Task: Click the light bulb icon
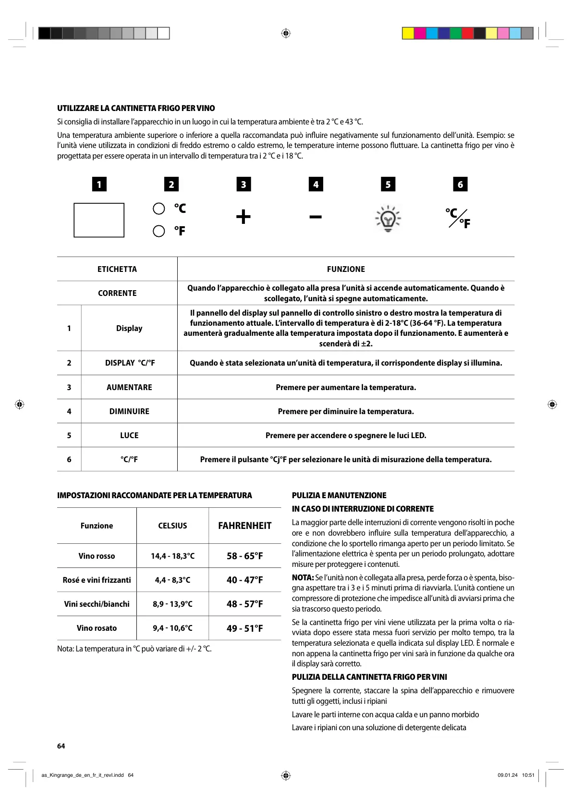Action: (x=388, y=219)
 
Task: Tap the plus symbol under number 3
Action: (x=243, y=217)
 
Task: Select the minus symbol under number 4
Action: (x=316, y=217)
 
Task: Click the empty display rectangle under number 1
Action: (x=99, y=220)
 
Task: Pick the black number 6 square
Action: (x=460, y=184)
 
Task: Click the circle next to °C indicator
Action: (x=159, y=208)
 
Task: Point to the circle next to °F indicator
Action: (x=159, y=231)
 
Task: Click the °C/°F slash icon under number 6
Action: (x=458, y=218)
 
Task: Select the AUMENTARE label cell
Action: (x=129, y=387)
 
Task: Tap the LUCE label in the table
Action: (x=129, y=435)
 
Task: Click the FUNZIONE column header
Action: (x=346, y=269)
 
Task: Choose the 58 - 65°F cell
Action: (x=245, y=556)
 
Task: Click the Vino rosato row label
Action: (x=97, y=628)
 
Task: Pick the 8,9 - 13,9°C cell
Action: (x=172, y=604)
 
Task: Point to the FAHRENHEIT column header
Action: (x=245, y=526)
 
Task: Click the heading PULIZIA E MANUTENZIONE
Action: (x=339, y=495)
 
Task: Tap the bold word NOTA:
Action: (x=303, y=577)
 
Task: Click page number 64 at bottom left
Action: (x=61, y=746)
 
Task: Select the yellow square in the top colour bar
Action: (x=408, y=33)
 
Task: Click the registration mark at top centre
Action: (x=286, y=33)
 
